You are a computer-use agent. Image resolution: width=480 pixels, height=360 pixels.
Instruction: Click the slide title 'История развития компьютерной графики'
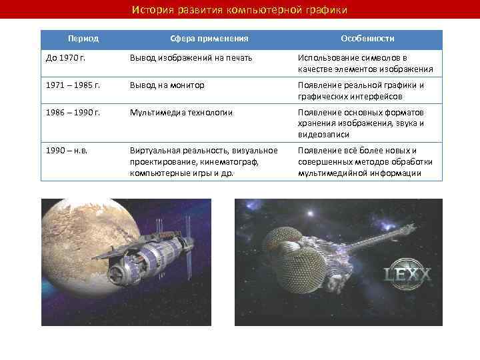pyautogui.click(x=239, y=10)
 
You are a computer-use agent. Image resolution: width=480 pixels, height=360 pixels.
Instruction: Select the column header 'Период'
pyautogui.click(x=83, y=39)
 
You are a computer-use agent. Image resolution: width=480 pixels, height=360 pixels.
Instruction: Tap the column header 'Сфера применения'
pyautogui.click(x=207, y=39)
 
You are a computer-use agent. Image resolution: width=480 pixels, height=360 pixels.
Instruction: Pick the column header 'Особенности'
pyautogui.click(x=367, y=39)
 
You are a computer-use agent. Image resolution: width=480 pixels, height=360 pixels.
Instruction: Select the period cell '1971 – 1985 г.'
pyautogui.click(x=73, y=86)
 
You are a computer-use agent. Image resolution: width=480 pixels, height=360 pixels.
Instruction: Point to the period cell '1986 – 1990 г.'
pyautogui.click(x=73, y=113)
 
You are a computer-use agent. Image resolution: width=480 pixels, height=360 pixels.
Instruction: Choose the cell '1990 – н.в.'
pyautogui.click(x=67, y=150)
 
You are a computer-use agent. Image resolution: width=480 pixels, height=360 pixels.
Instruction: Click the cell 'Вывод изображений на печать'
pyautogui.click(x=191, y=59)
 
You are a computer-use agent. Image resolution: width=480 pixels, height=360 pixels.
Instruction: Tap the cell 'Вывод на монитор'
pyautogui.click(x=167, y=86)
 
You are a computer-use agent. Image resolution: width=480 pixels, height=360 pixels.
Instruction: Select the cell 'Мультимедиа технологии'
pyautogui.click(x=181, y=113)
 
